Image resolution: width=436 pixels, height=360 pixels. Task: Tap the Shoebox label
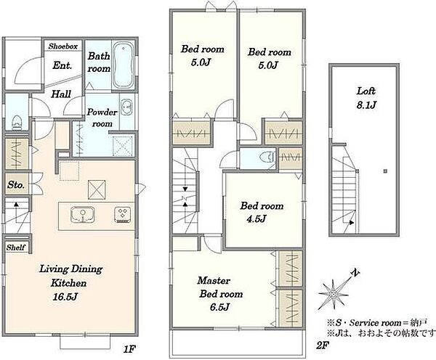tap(62, 46)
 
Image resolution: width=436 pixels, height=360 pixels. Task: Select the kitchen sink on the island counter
tap(83, 214)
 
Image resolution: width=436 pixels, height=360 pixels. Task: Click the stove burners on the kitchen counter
tap(123, 215)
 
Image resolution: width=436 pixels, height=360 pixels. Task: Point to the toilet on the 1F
tap(17, 123)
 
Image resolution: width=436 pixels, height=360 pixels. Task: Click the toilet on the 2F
tap(267, 158)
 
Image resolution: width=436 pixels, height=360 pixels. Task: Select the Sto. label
tap(16, 184)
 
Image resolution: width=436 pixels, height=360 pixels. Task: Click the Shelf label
tap(16, 247)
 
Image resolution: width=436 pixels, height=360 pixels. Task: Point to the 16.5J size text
tap(65, 297)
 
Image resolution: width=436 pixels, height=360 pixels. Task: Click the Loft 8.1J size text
tap(366, 105)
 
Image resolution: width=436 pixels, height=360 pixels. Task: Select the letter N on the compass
tap(355, 273)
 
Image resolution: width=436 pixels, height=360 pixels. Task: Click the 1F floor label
tap(129, 348)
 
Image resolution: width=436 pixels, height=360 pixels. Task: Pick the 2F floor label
tap(323, 345)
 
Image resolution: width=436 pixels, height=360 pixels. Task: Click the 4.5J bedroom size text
tap(257, 219)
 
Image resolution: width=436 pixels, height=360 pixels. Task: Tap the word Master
tap(214, 281)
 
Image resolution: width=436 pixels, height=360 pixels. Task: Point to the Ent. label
tap(62, 65)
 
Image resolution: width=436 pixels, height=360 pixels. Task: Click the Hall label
tap(61, 94)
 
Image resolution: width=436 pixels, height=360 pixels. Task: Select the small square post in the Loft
tap(385, 171)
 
